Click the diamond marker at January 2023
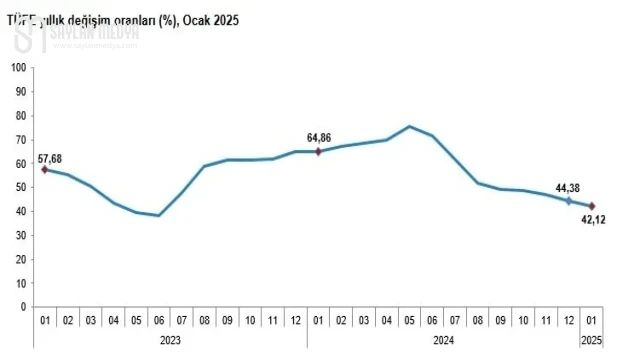(45, 170)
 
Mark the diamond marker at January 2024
(318, 151)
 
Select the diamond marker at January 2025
(592, 206)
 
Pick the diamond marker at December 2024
(569, 201)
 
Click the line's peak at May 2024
(409, 126)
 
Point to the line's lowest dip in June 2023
(159, 215)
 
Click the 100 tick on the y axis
(18, 68)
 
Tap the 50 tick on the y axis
(20, 187)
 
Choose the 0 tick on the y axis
(23, 307)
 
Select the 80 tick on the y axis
(20, 116)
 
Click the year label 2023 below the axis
(170, 339)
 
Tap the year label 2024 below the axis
(443, 339)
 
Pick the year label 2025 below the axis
(592, 339)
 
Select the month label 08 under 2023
(204, 321)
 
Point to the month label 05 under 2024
(409, 321)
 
